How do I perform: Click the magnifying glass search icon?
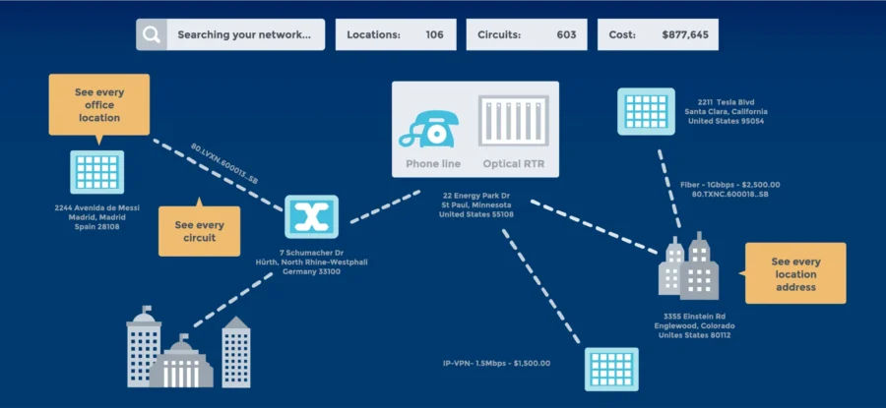151,35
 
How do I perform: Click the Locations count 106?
434,35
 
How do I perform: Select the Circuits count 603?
566,35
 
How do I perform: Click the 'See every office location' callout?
98,104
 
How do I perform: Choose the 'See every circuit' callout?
200,232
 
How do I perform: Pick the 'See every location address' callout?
794,273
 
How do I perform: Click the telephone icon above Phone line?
432,128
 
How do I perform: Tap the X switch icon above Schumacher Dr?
311,217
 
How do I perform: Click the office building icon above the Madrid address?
96,173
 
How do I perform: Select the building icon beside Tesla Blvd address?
646,111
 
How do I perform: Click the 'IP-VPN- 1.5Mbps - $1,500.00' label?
496,363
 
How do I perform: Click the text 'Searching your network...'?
244,35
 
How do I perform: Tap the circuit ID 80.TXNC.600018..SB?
729,195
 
